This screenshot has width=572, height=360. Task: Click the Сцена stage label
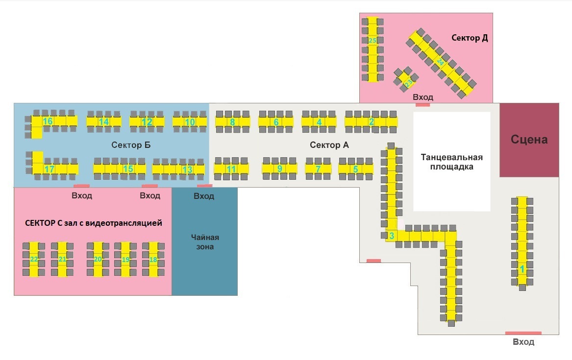tap(529, 140)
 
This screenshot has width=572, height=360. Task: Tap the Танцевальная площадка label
tap(452, 162)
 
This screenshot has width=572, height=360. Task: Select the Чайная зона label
tap(205, 242)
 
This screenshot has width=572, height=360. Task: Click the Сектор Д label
tap(470, 38)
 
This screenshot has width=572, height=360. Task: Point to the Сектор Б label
tap(131, 145)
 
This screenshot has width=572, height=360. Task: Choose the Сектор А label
tap(329, 145)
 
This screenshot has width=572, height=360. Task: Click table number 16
tap(48, 121)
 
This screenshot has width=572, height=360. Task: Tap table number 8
tap(232, 122)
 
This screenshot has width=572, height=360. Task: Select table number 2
tap(371, 122)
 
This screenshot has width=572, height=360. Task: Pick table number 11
tap(231, 169)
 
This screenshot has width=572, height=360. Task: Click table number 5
tap(355, 169)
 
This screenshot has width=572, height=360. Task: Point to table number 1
tap(522, 268)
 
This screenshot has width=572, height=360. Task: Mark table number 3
tap(391, 236)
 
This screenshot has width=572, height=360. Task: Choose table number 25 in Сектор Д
tap(372, 41)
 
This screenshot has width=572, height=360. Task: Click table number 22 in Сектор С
tap(34, 259)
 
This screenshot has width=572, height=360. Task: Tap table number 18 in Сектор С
tap(153, 259)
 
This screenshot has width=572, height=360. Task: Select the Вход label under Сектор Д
tap(423, 97)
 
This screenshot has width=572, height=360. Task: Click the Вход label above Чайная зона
tap(204, 196)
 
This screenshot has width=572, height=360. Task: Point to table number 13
tap(187, 169)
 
